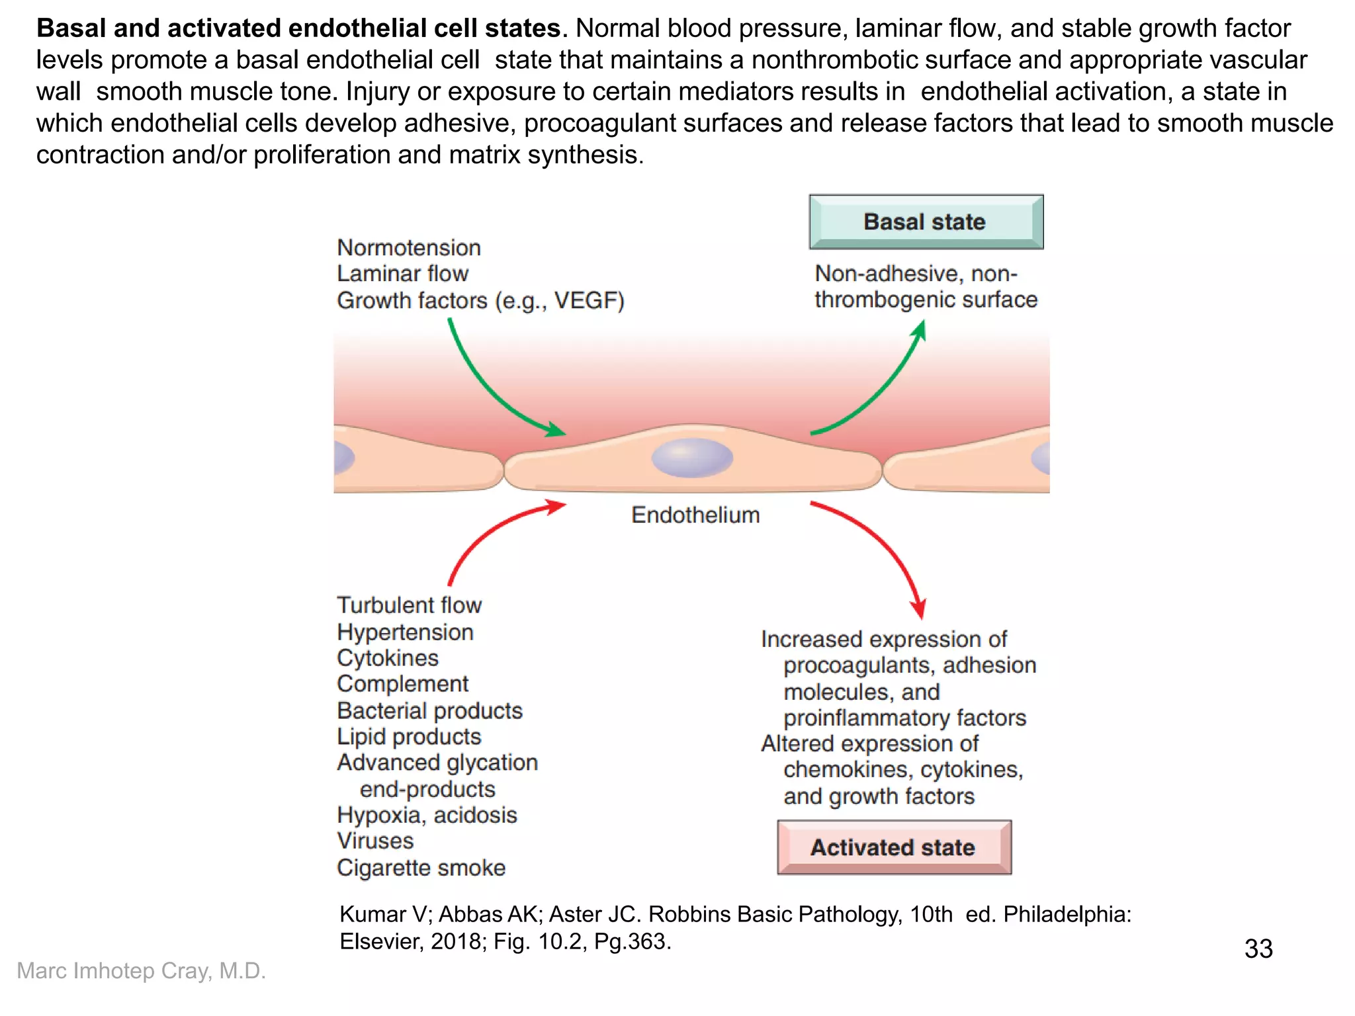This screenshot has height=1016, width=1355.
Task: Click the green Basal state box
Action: (926, 222)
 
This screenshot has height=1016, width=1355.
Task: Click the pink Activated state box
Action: (894, 847)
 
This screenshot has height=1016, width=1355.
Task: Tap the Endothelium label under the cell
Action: (695, 515)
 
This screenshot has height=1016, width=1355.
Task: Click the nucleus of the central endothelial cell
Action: (692, 458)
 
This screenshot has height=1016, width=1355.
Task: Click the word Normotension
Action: (409, 247)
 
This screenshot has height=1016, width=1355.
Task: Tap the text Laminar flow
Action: (402, 273)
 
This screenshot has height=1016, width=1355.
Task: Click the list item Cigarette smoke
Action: (421, 867)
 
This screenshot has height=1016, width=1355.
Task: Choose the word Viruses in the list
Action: (375, 841)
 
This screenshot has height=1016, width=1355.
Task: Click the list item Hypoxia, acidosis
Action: (427, 815)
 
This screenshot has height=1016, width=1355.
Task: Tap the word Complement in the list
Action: (402, 683)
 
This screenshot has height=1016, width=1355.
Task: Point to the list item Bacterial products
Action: (429, 710)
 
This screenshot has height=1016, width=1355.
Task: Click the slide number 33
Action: (1258, 949)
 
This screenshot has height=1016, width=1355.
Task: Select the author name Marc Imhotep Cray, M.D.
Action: (141, 970)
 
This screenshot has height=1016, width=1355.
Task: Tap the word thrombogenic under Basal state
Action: (885, 300)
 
